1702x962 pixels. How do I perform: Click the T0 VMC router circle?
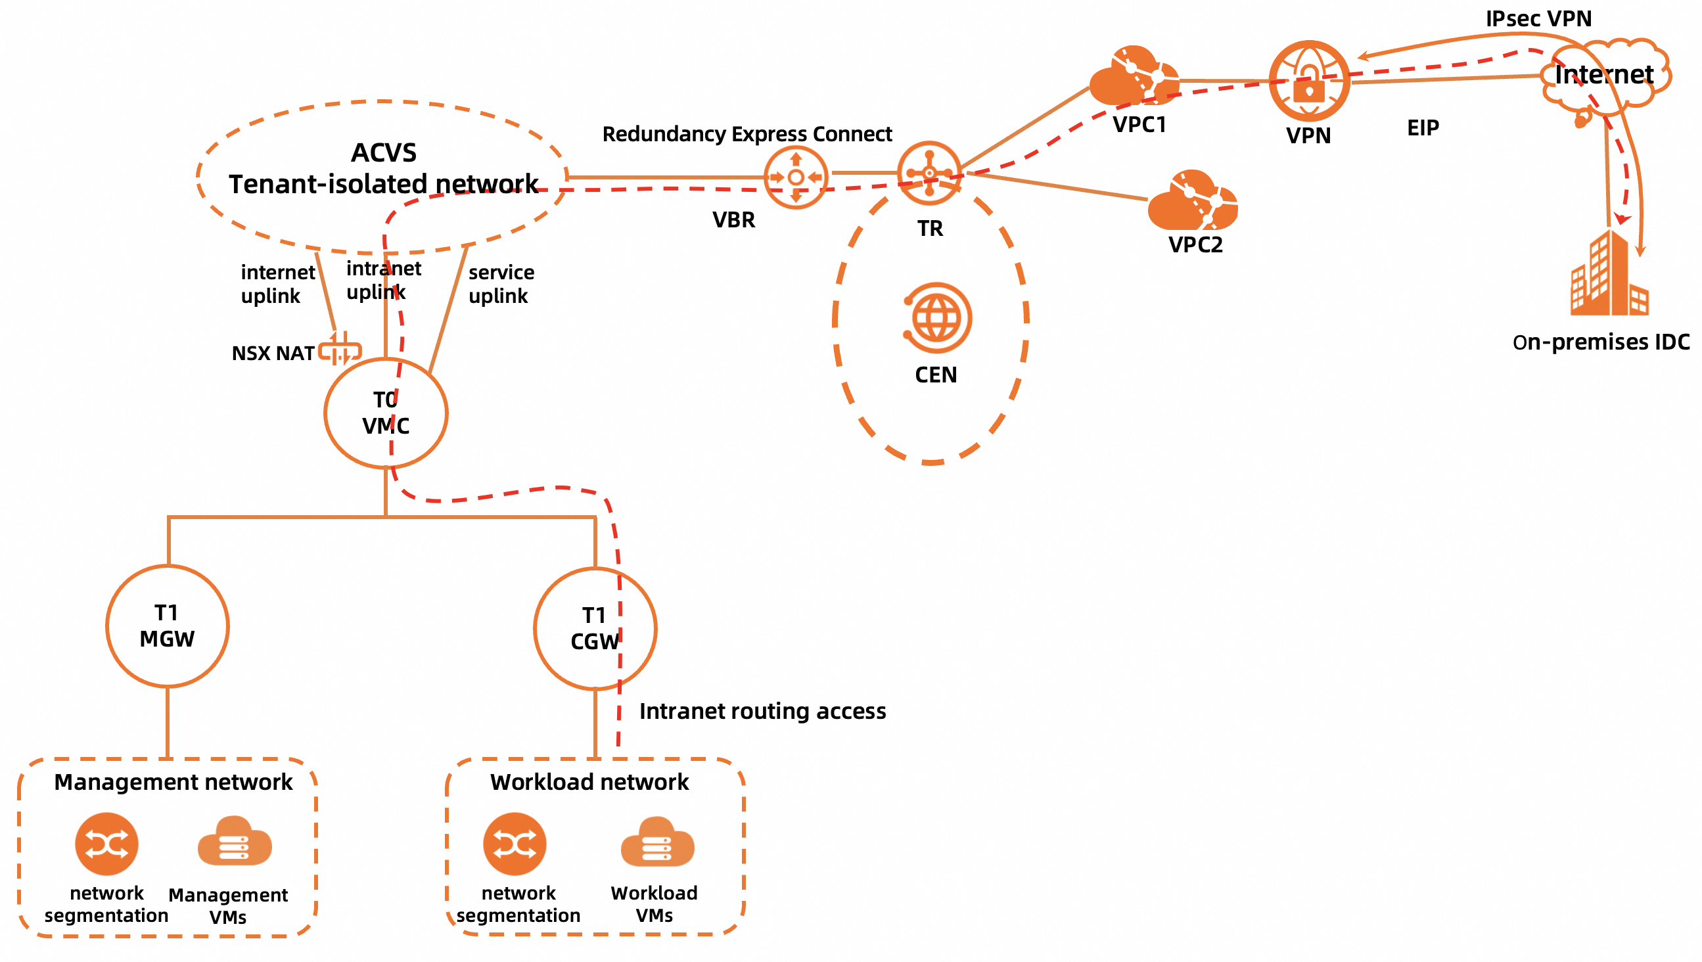386,413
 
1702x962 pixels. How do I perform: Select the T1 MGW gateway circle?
168,626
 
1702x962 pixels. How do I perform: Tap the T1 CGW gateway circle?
595,628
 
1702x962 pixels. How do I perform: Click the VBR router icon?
796,177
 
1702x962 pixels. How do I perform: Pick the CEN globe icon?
936,318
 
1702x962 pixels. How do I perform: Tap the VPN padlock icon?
1308,81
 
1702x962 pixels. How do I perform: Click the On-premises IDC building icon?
1609,273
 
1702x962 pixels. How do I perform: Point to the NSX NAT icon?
340,350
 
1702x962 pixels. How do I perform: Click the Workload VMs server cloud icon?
656,842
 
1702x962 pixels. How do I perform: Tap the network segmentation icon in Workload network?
515,844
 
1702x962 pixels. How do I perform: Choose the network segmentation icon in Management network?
106,844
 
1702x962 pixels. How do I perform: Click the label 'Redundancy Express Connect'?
747,134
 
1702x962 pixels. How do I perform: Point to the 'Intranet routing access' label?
762,711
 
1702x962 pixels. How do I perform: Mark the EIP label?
1423,127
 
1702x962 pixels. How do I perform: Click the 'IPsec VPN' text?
1538,18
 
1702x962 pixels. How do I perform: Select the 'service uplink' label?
501,284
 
